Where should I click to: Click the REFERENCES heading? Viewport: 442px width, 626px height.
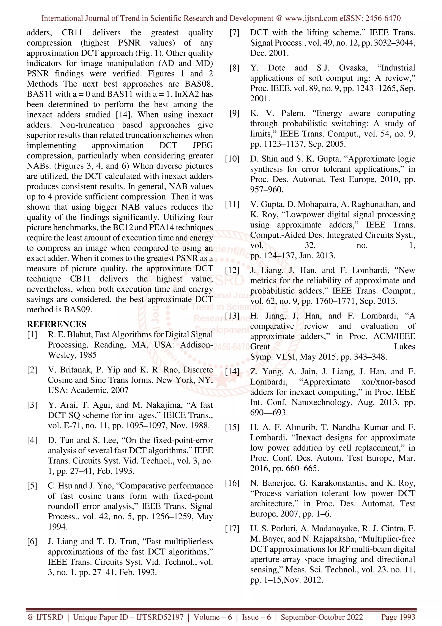(56, 324)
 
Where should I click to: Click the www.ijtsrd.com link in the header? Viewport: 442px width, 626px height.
(311, 18)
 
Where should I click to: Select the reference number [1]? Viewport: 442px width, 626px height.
(32, 335)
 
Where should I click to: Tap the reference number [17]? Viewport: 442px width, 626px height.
(232, 529)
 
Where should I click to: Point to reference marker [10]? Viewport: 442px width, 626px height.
(232, 159)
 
